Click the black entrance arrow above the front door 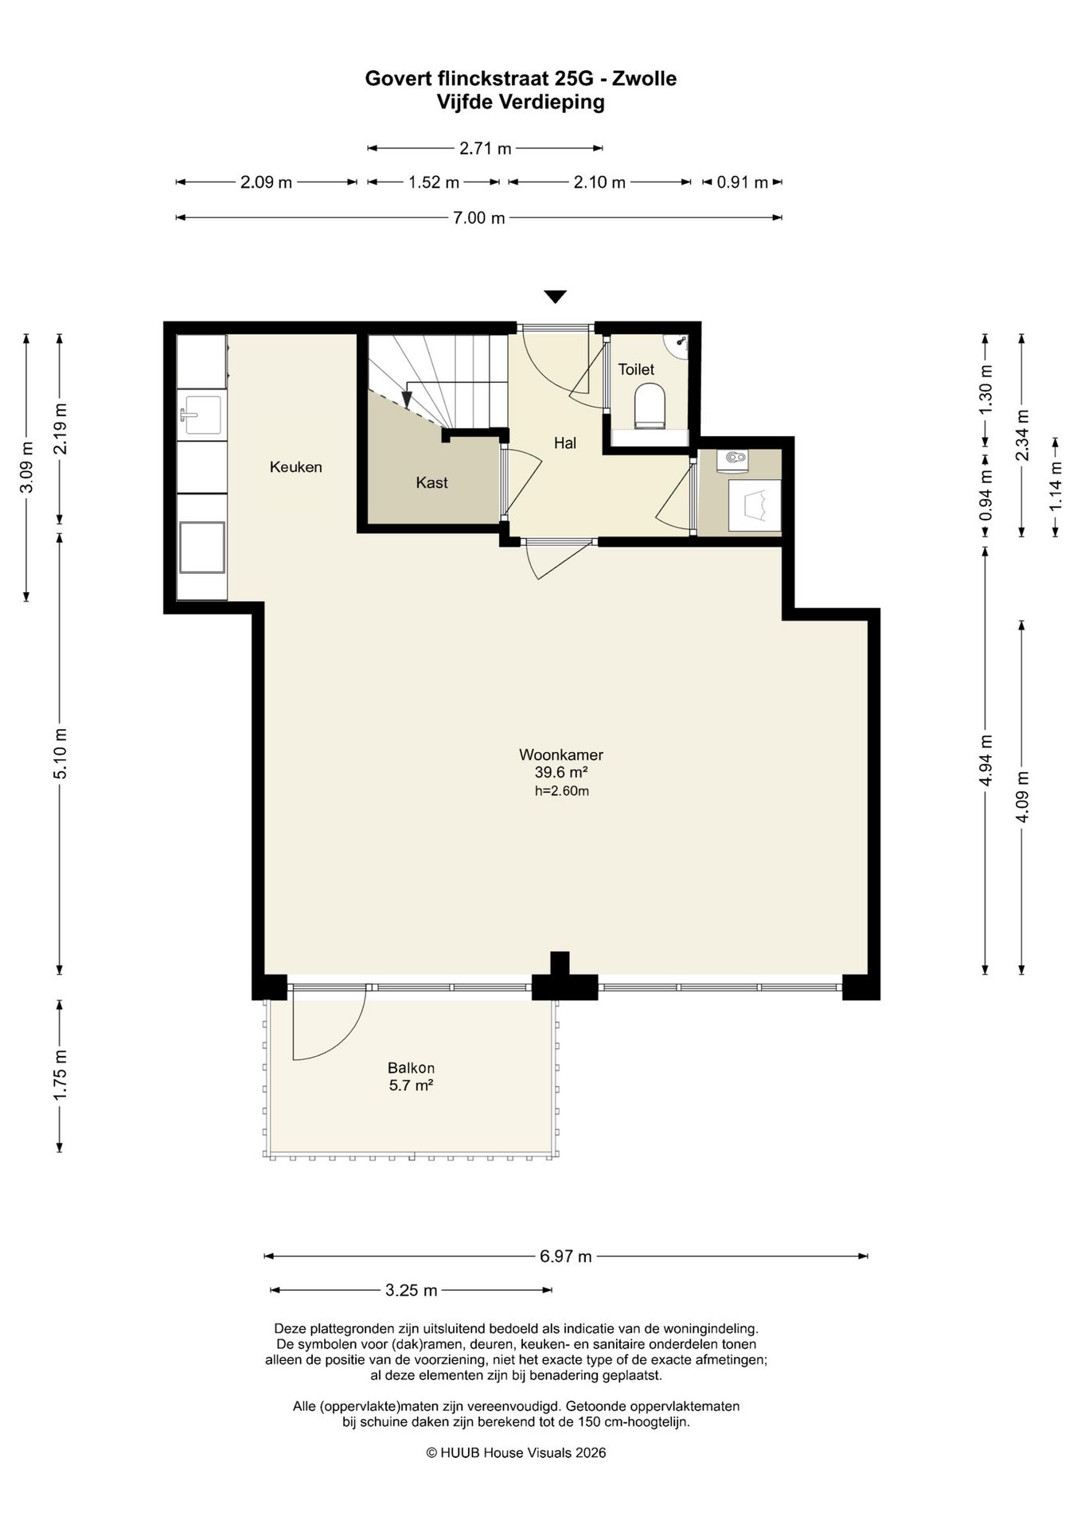(x=556, y=297)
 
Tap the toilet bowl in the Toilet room (x=650, y=406)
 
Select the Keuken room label (x=296, y=467)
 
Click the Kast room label (x=432, y=482)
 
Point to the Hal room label (x=565, y=443)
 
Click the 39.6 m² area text (x=561, y=772)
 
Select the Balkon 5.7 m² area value (x=411, y=1086)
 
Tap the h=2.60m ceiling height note (x=562, y=791)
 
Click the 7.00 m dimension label (x=479, y=218)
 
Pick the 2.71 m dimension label (x=486, y=148)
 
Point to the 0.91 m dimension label (x=743, y=182)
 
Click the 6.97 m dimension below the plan (x=566, y=1257)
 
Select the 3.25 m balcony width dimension (x=412, y=1290)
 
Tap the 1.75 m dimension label (x=60, y=1076)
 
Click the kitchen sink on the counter (x=202, y=415)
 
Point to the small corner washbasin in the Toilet (x=677, y=345)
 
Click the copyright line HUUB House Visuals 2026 (x=516, y=1452)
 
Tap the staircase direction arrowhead (x=408, y=398)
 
